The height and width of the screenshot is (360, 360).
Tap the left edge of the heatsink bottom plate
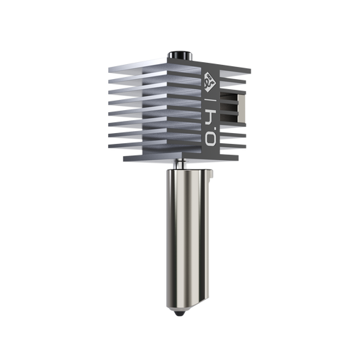[x=122, y=157]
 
